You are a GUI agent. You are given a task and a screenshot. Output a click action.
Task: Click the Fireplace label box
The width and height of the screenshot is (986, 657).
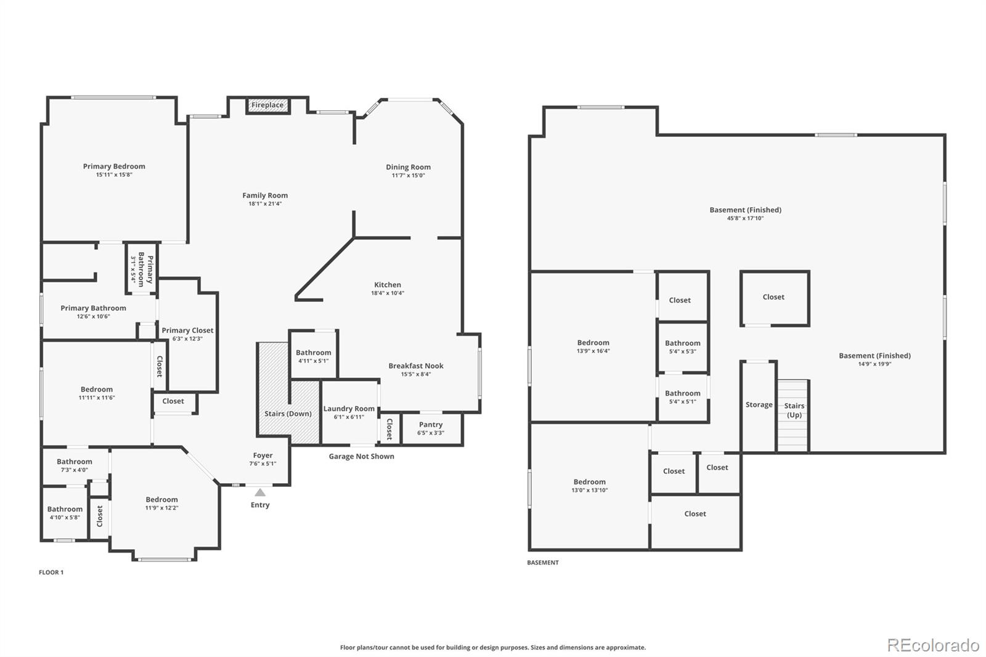point(267,105)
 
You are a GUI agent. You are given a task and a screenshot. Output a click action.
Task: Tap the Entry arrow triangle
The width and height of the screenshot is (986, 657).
point(260,492)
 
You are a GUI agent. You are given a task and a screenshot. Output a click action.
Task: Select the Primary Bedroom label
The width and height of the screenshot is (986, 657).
point(114,166)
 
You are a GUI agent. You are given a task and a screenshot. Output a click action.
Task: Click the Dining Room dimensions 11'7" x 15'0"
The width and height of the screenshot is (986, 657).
point(408,176)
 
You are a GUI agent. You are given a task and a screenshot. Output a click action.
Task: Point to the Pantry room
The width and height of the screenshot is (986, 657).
point(431,428)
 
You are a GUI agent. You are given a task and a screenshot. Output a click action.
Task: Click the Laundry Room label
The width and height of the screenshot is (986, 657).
point(349,409)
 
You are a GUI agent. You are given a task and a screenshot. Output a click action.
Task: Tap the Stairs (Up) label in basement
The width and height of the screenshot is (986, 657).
point(794,410)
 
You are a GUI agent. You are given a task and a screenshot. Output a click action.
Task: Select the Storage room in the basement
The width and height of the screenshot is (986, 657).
point(759,405)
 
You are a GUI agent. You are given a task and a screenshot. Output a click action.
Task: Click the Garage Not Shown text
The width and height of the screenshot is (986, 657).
point(361,457)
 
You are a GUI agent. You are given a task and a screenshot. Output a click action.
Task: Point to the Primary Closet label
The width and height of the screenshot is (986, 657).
point(187,330)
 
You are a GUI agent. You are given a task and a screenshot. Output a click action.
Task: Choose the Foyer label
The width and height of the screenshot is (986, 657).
point(263,456)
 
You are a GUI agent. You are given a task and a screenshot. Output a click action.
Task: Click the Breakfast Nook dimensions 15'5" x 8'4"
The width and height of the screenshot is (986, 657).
point(416,374)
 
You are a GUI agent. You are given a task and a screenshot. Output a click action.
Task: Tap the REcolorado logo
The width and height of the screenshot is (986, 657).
point(932,645)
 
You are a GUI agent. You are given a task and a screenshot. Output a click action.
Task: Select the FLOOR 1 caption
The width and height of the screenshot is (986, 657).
point(51,573)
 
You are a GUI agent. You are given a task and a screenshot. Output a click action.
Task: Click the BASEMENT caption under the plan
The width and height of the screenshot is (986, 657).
point(543,563)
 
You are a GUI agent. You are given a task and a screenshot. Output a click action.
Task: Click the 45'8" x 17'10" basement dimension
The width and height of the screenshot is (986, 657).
point(745,218)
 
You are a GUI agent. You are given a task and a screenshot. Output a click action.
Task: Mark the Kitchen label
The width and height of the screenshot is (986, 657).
point(388,285)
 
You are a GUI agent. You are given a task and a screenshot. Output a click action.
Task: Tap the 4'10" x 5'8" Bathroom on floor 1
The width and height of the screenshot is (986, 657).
point(65,513)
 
